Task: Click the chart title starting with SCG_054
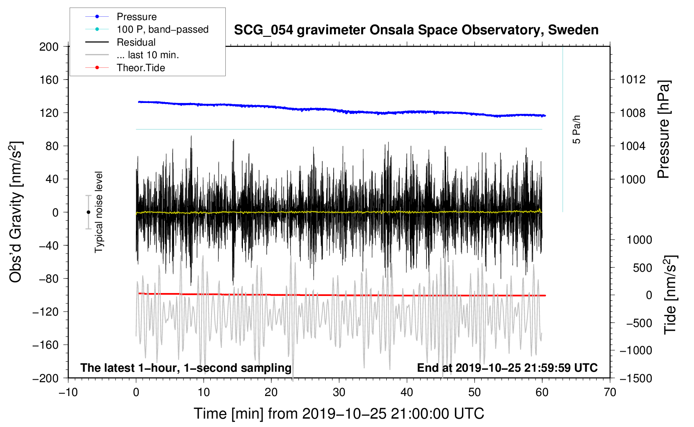click(x=416, y=30)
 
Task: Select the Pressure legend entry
click(x=136, y=17)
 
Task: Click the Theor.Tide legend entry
click(x=140, y=68)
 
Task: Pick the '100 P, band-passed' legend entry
click(x=162, y=29)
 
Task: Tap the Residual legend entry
click(x=136, y=42)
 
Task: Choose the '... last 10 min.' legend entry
click(x=148, y=55)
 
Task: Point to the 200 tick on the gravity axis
click(x=49, y=46)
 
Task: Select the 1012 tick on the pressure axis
click(x=633, y=80)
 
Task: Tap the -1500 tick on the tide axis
click(x=636, y=378)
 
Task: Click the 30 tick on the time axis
click(x=339, y=392)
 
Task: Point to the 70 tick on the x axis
click(x=610, y=392)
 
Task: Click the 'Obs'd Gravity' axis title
click(x=16, y=212)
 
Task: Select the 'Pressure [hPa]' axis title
click(x=663, y=129)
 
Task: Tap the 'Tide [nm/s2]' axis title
click(x=670, y=295)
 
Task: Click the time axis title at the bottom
click(x=339, y=414)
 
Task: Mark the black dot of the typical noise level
click(x=88, y=212)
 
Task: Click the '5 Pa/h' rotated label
click(x=577, y=129)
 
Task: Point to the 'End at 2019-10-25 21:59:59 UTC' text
click(x=507, y=368)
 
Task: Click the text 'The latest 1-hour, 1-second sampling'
click(x=186, y=368)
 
